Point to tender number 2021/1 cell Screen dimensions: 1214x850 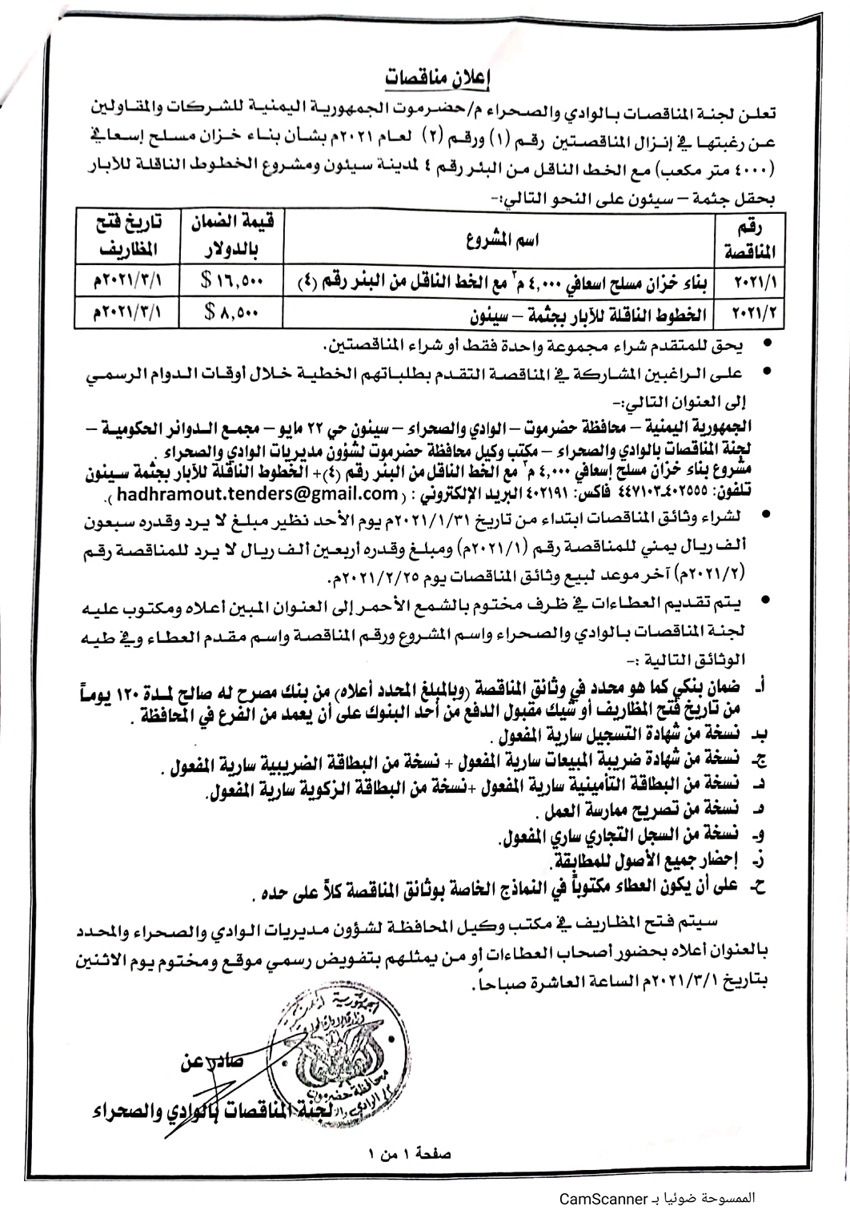coord(755,282)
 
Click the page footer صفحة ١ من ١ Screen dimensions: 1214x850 coord(409,1154)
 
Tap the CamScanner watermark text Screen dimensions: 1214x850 coord(656,1199)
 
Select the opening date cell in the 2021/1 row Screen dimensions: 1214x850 coord(119,282)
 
